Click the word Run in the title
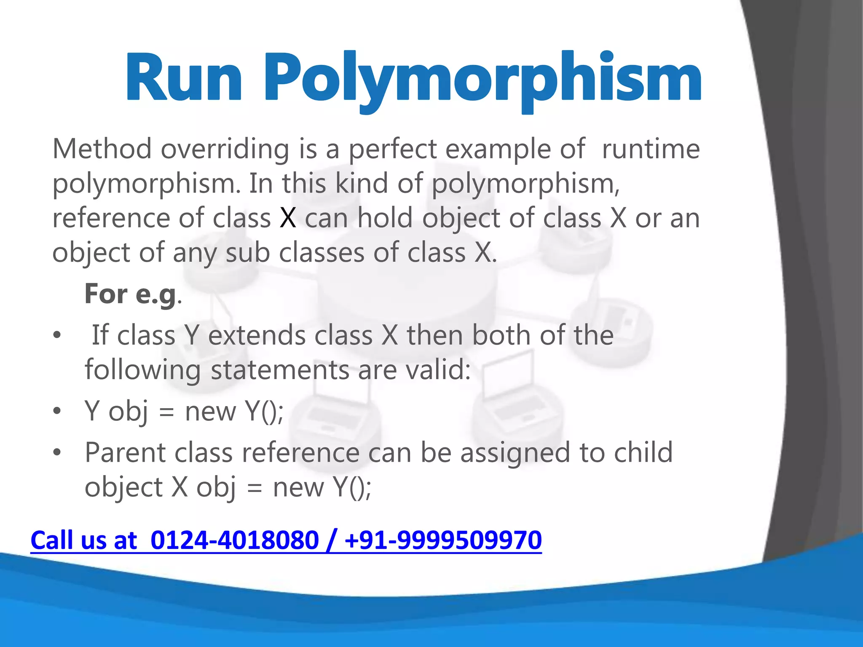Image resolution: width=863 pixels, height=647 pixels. (184, 78)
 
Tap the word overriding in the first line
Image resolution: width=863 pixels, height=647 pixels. (225, 149)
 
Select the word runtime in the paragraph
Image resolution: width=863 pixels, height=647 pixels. (651, 149)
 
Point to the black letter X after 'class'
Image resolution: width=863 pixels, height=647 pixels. (288, 218)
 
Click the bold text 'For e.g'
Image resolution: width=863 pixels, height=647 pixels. (130, 294)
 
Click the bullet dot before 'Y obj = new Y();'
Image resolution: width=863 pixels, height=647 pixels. (57, 411)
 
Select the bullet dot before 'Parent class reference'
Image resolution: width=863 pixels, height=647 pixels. (57, 453)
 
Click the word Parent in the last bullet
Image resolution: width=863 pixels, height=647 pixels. (125, 453)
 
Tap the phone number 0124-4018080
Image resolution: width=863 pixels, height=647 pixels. (234, 540)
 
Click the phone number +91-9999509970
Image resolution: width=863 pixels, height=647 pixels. (443, 540)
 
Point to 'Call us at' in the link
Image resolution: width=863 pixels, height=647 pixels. (84, 540)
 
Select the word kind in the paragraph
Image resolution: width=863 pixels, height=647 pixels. (361, 184)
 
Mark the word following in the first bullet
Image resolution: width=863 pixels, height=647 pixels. (142, 370)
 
